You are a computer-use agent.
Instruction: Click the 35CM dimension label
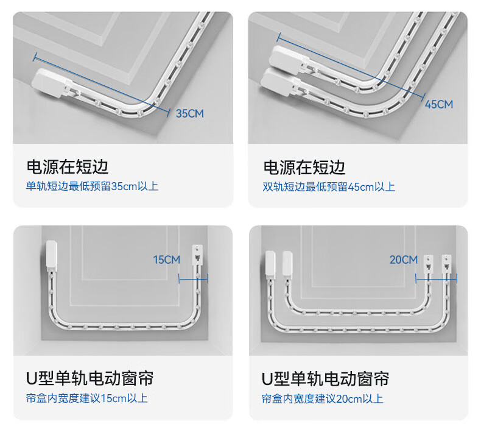(189, 113)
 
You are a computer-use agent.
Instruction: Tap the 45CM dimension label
(439, 104)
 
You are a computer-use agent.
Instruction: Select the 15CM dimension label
(167, 260)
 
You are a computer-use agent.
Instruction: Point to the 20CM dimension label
(404, 260)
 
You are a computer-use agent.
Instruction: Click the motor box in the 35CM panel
(51, 83)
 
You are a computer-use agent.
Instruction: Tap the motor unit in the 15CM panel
(52, 256)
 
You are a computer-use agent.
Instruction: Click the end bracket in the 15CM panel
(197, 255)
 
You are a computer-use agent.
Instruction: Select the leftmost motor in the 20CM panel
(270, 264)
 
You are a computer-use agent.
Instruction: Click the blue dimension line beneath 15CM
(193, 279)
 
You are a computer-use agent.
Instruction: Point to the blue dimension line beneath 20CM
(436, 279)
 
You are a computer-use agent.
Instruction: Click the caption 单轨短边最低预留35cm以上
(92, 186)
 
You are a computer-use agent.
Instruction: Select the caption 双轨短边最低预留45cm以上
(329, 186)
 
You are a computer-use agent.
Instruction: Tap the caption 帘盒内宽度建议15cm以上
(87, 398)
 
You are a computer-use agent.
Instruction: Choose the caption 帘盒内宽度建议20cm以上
(323, 399)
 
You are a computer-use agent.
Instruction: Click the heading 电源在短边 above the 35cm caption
(68, 167)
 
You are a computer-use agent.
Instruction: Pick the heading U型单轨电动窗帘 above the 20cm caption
(325, 379)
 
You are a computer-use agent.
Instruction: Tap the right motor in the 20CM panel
(287, 264)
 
